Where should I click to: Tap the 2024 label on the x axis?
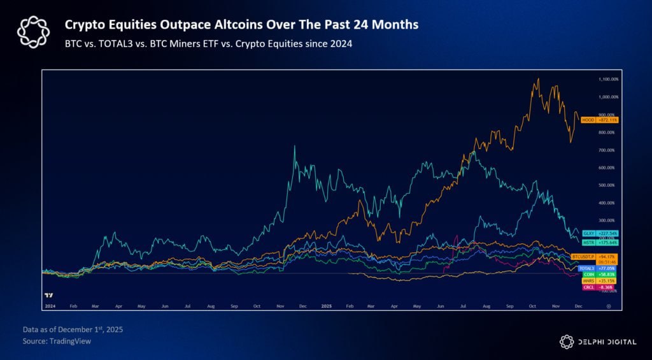pos(51,306)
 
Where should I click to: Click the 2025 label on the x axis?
pos(326,306)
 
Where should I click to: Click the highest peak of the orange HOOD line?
pos(539,79)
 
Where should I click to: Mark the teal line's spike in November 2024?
pos(294,147)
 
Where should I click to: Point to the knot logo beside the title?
pos(32,32)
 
